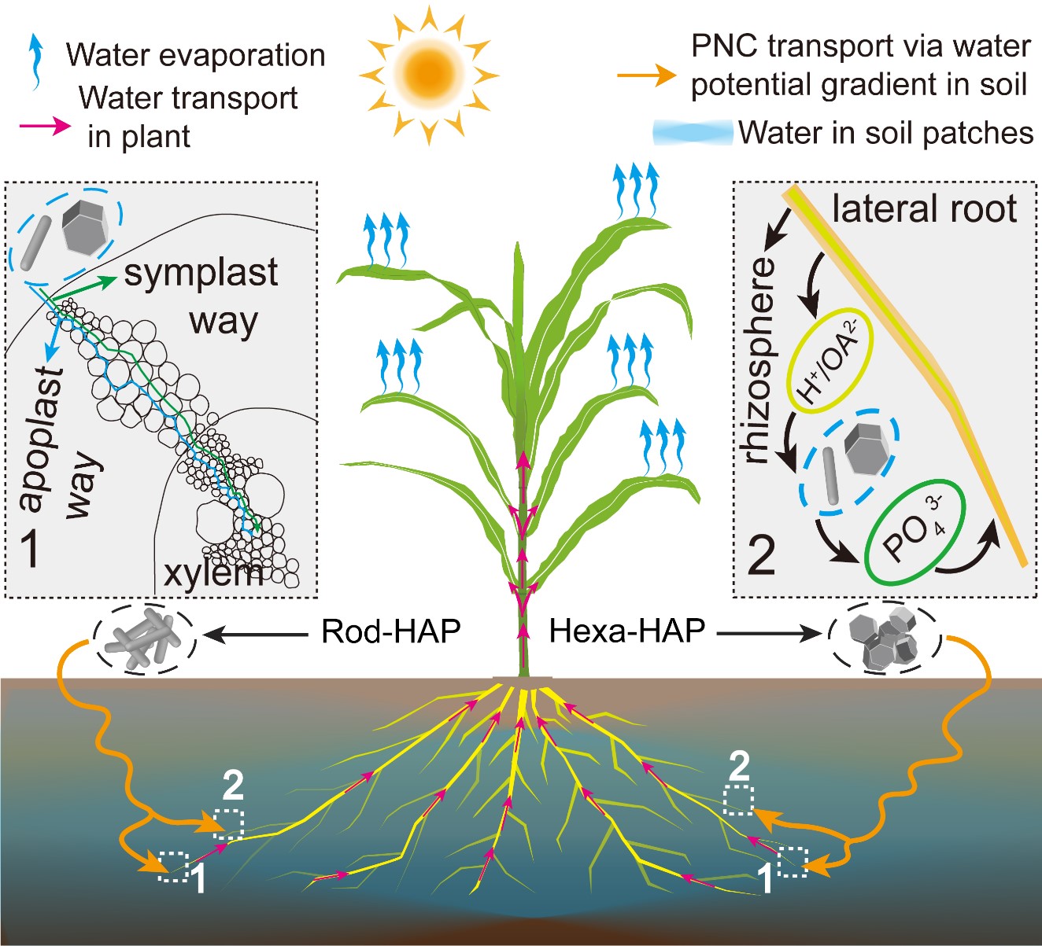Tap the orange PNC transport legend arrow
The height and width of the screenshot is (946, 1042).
tap(645, 75)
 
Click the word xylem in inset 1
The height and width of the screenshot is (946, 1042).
tap(212, 572)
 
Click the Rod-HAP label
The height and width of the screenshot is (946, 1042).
tap(390, 631)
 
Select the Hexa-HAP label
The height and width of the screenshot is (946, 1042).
tap(626, 631)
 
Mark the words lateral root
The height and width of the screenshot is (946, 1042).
tap(924, 209)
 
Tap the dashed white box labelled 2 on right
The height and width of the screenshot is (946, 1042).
tap(738, 799)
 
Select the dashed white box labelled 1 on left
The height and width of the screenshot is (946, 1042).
tap(174, 866)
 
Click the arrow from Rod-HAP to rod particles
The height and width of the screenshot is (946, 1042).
tap(256, 632)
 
